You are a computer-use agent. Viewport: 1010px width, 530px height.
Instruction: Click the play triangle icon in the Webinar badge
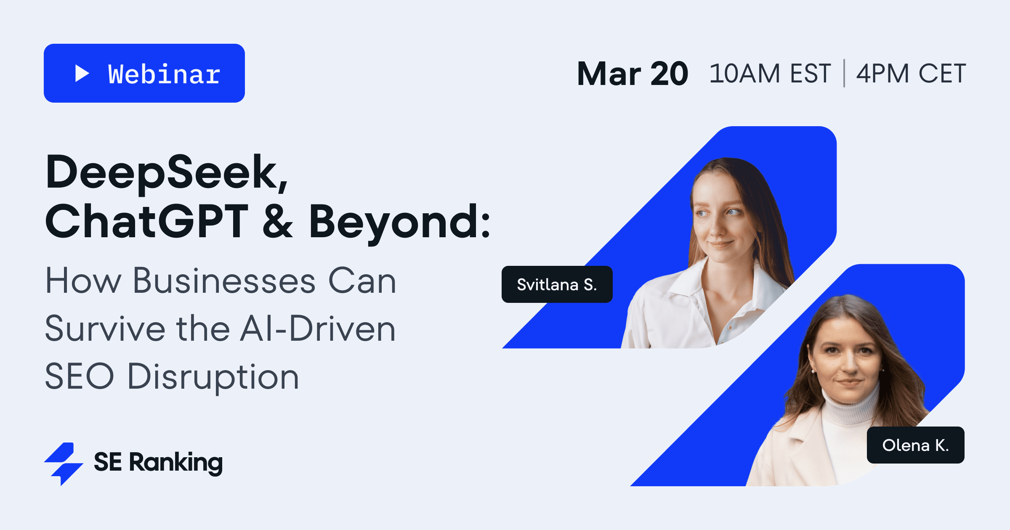click(82, 73)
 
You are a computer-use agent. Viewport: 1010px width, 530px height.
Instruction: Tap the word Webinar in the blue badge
click(164, 74)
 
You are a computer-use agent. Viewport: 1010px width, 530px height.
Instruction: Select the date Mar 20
click(633, 74)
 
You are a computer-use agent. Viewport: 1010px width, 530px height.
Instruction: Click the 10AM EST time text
click(770, 74)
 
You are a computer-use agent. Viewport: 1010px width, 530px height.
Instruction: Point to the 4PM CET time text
click(911, 74)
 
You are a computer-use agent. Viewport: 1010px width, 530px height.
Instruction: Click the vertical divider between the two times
click(844, 74)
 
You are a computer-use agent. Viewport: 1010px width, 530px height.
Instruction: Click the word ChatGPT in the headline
click(146, 221)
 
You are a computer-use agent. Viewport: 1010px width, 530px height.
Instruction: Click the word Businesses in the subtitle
click(224, 281)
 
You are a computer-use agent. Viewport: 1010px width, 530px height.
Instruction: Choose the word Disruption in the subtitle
click(213, 376)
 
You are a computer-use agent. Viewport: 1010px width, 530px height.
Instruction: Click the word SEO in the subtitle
click(80, 376)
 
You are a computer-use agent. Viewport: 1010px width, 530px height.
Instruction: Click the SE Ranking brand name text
click(158, 463)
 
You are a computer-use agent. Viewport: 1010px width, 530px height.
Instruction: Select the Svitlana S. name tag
click(557, 284)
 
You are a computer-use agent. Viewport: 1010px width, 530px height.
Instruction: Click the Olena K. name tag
click(915, 445)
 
